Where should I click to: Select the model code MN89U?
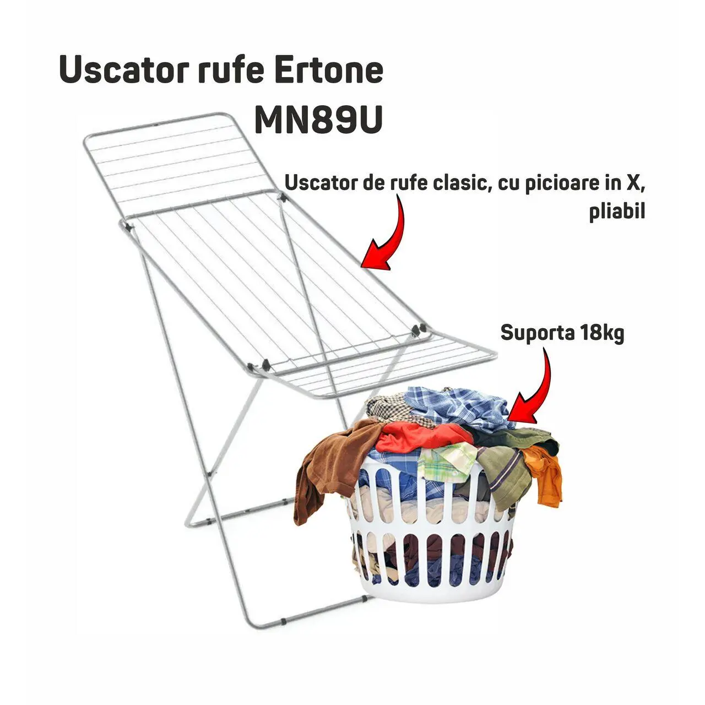(x=318, y=121)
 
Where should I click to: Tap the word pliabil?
(x=617, y=212)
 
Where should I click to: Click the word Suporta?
(x=537, y=333)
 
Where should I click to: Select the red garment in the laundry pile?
(x=424, y=435)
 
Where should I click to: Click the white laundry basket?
(x=435, y=556)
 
